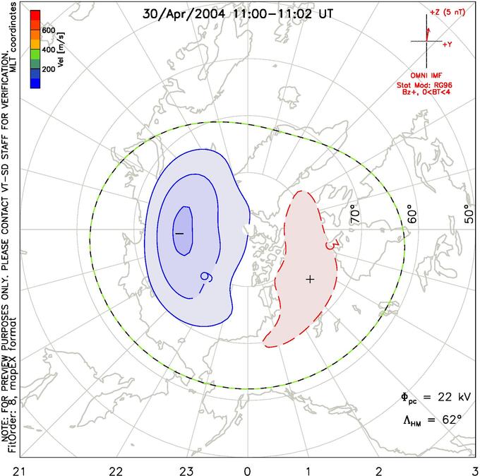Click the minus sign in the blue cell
tap(179, 232)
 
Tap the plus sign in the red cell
tap(309, 279)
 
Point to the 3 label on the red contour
tap(328, 245)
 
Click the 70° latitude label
tap(355, 213)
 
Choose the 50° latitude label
tap(469, 214)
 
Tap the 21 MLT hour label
tap(7, 470)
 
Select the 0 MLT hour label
tap(247, 470)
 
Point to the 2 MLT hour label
tap(379, 470)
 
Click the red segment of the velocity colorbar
tap(35, 17)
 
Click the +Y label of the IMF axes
tap(447, 44)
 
